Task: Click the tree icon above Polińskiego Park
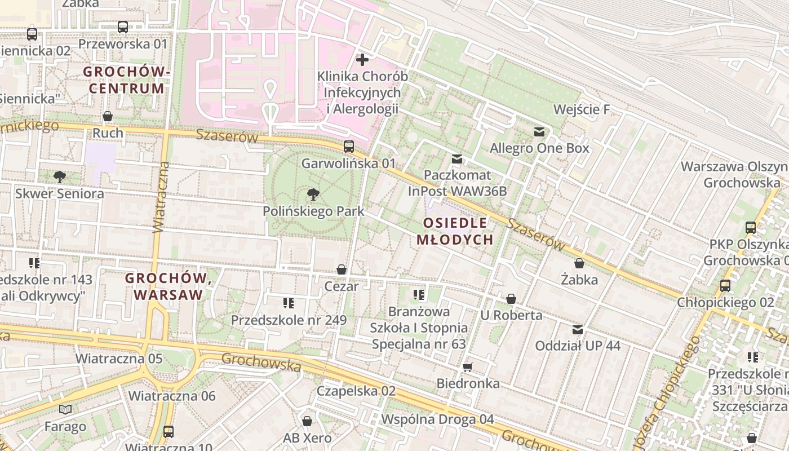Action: [313, 195]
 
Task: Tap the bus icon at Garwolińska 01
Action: [349, 147]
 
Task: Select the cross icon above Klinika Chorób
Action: [362, 59]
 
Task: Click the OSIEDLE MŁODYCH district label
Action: [455, 231]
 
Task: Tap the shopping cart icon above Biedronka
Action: [467, 368]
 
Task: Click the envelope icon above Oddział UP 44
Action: [578, 330]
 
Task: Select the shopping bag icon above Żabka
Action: [579, 263]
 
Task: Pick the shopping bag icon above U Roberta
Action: [511, 299]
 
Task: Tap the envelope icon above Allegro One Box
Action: [539, 132]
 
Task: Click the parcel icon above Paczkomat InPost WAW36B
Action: [457, 159]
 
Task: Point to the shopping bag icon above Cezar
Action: [342, 269]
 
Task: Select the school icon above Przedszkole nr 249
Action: [289, 303]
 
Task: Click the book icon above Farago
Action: [66, 409]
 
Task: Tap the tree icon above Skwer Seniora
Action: [59, 177]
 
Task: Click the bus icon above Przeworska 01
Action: [122, 26]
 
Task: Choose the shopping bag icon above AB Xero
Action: [307, 421]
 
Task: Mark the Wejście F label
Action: [582, 109]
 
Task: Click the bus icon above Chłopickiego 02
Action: [725, 286]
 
